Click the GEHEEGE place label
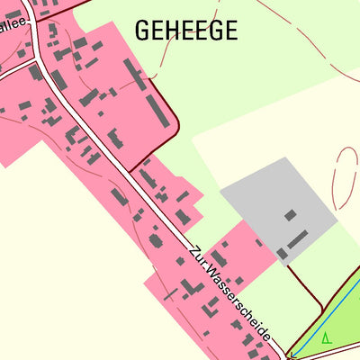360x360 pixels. tap(186, 31)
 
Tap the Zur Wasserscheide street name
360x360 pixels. tap(230, 293)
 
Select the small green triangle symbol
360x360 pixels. tap(325, 338)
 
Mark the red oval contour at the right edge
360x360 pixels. tap(343, 177)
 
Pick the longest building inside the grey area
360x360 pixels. tap(298, 239)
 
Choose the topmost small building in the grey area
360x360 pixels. tap(291, 215)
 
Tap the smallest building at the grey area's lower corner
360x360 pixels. tap(283, 254)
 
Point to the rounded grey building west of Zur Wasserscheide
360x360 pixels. tap(156, 240)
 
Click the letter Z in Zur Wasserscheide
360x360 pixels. tap(193, 248)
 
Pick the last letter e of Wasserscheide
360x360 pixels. tap(268, 336)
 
